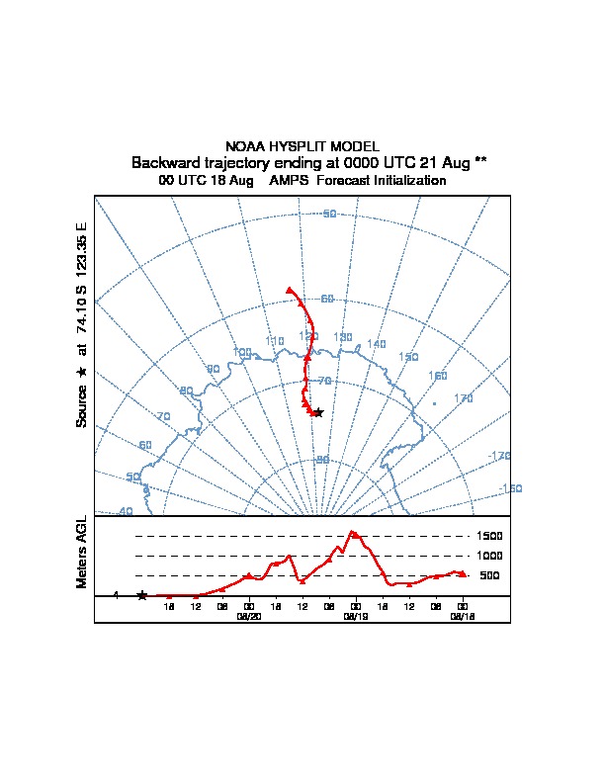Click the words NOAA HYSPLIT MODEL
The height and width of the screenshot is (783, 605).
(302, 146)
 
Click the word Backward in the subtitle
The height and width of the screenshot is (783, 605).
(165, 162)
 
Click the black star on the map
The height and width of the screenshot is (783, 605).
(318, 412)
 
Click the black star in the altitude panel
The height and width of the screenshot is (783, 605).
(142, 595)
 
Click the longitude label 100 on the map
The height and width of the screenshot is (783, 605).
(242, 352)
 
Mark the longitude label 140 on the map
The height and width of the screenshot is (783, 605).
(376, 344)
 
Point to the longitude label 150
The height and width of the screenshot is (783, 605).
(408, 357)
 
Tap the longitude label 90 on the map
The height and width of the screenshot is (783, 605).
(213, 370)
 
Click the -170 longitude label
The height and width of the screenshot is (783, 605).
(499, 456)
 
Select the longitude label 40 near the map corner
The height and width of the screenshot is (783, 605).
(126, 511)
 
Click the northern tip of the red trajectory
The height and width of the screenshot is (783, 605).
(289, 290)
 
